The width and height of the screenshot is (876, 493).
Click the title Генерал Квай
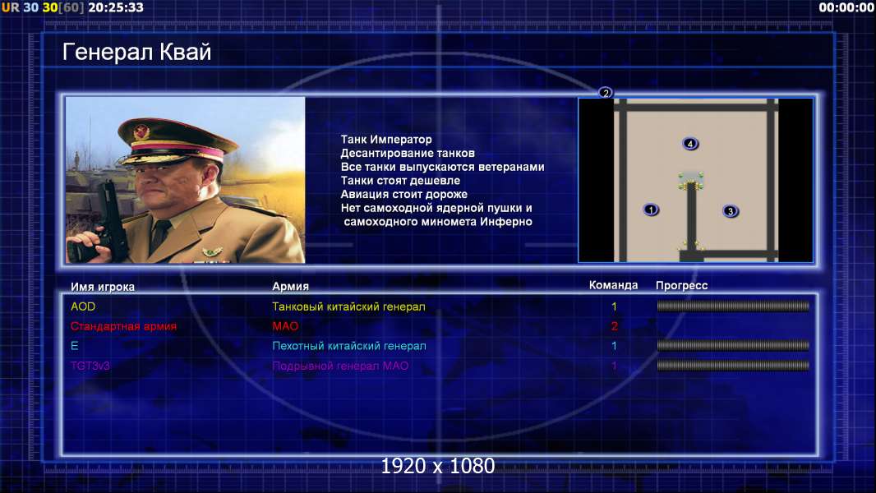(x=137, y=52)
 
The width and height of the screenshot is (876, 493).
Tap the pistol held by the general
(x=111, y=220)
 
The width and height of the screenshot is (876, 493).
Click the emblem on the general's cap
(x=141, y=131)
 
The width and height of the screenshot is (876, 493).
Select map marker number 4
(x=690, y=144)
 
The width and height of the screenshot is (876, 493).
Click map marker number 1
(x=650, y=210)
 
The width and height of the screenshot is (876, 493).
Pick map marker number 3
(x=730, y=211)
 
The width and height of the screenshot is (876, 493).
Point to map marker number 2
(x=605, y=93)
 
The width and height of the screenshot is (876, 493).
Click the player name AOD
(x=83, y=306)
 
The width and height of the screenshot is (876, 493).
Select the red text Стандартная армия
(x=123, y=326)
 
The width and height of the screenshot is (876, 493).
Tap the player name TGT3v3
(x=90, y=366)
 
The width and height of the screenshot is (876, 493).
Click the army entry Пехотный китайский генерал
(x=349, y=346)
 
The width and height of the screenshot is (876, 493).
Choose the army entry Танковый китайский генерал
(x=348, y=306)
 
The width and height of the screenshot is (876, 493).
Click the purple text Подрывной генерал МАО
(x=340, y=366)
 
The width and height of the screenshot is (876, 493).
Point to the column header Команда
(x=613, y=285)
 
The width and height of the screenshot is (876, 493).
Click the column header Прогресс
(x=681, y=286)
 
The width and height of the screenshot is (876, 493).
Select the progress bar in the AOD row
(x=733, y=306)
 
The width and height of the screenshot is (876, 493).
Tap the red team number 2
(x=614, y=326)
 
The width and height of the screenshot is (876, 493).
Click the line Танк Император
(x=386, y=140)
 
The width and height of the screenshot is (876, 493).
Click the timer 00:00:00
(x=846, y=7)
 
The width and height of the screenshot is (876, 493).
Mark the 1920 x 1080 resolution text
(x=437, y=466)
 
